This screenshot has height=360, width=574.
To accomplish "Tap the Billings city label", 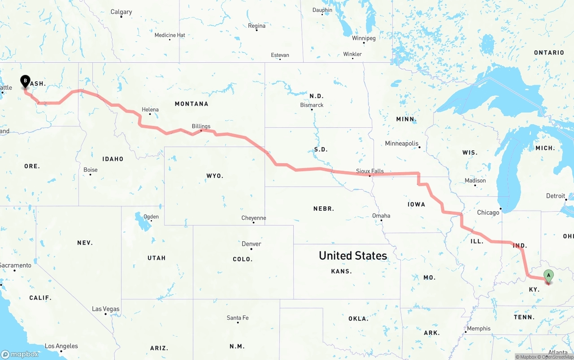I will (x=201, y=126).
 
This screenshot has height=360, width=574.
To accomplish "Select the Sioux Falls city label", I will (x=370, y=171).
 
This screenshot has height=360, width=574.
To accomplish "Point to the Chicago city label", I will (x=488, y=213).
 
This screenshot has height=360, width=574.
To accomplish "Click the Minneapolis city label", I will (x=401, y=143).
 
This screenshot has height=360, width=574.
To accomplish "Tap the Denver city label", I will (x=251, y=244).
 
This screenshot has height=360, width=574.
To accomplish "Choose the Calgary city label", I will (x=121, y=12).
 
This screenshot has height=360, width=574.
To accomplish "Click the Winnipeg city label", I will (x=363, y=38).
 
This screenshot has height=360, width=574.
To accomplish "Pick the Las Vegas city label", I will (x=105, y=309).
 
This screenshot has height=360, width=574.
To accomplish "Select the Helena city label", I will (x=150, y=109).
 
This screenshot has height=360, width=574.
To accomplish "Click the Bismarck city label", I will (x=312, y=105).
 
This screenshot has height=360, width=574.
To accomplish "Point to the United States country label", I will (x=352, y=256).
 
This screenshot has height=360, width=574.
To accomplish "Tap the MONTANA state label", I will (x=191, y=104).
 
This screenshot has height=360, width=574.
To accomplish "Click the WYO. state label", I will (x=215, y=176).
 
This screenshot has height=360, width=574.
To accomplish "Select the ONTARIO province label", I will (x=549, y=53).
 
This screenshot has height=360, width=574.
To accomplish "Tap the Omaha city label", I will (x=381, y=216).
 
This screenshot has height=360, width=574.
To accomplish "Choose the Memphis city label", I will (x=478, y=329).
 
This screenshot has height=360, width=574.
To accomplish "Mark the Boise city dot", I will (x=90, y=174).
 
